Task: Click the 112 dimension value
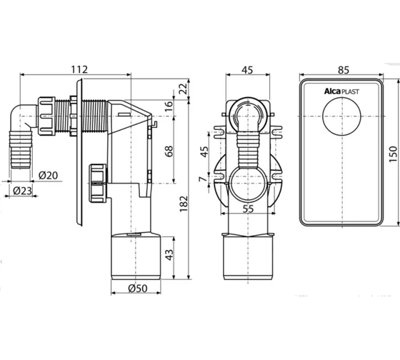click(x=79, y=69)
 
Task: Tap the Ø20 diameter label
click(x=49, y=176)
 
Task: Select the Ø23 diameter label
click(x=22, y=191)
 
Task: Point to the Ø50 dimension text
click(x=138, y=289)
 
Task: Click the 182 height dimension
click(x=184, y=204)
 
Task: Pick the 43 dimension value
click(x=169, y=254)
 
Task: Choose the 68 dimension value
click(x=169, y=151)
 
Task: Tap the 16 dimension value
click(x=169, y=106)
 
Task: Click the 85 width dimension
click(x=343, y=70)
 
